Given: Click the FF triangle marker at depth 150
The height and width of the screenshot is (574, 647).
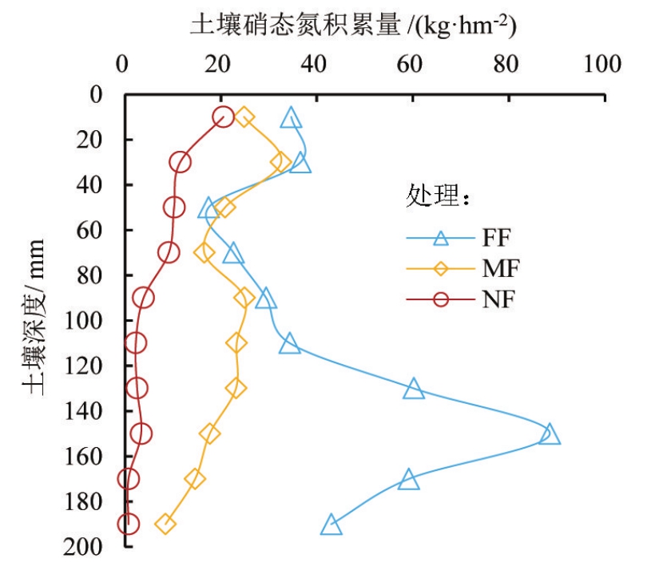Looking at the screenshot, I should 549,434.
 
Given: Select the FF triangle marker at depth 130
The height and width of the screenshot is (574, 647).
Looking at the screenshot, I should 414,389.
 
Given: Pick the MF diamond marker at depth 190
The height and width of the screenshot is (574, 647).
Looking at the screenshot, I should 165,525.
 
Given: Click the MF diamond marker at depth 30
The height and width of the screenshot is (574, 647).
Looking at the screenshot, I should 280,162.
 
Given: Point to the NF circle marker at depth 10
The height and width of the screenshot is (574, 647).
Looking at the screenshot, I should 223,117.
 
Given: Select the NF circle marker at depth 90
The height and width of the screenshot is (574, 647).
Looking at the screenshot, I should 143,298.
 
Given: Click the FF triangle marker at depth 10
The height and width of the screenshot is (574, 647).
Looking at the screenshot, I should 292,119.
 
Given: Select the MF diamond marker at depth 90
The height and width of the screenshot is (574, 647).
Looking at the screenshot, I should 244,298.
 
